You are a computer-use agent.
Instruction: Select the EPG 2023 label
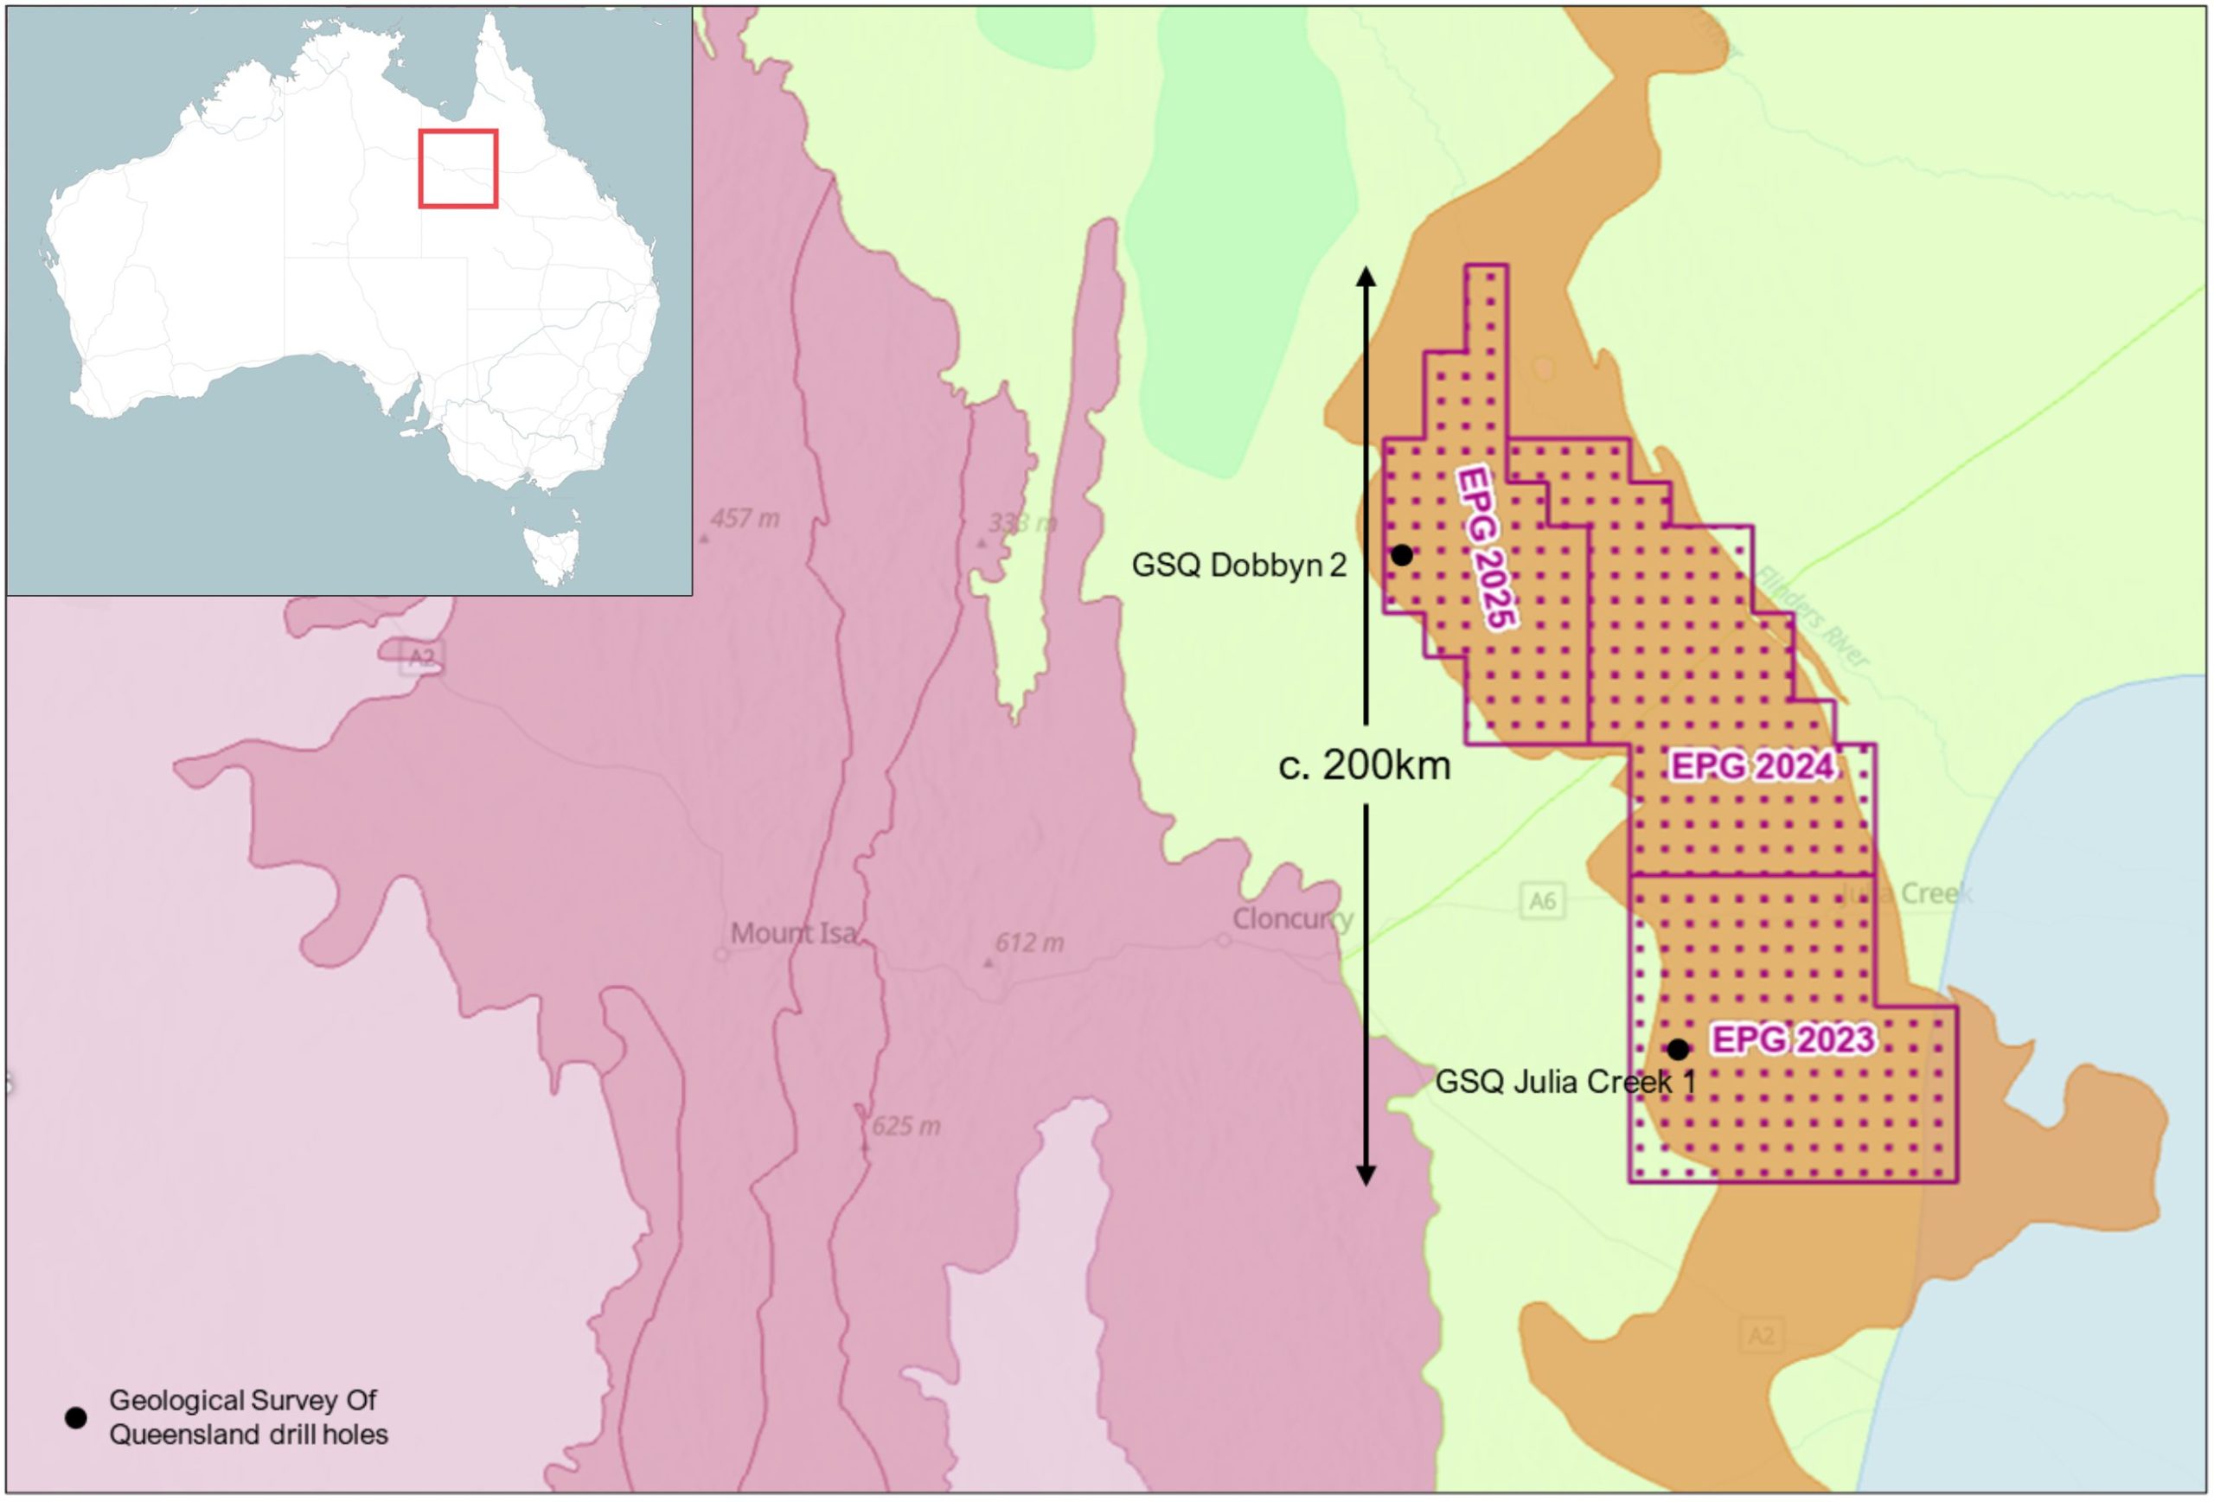1793,1039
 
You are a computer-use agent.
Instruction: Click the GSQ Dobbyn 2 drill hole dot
1402,554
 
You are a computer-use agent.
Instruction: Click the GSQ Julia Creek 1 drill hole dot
1678,1050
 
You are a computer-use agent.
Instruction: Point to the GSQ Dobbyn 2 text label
1238,566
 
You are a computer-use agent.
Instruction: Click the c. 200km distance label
1364,764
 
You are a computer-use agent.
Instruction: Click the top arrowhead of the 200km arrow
1366,276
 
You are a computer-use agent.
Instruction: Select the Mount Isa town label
792,933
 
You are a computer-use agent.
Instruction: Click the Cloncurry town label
1292,919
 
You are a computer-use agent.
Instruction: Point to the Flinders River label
1813,617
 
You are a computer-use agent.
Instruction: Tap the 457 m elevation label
744,519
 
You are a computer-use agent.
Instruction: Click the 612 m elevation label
1029,943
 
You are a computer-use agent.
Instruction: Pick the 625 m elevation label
905,1127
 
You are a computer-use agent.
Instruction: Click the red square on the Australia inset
458,169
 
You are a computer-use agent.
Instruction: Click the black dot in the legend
75,1418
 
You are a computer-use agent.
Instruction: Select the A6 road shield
1541,900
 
